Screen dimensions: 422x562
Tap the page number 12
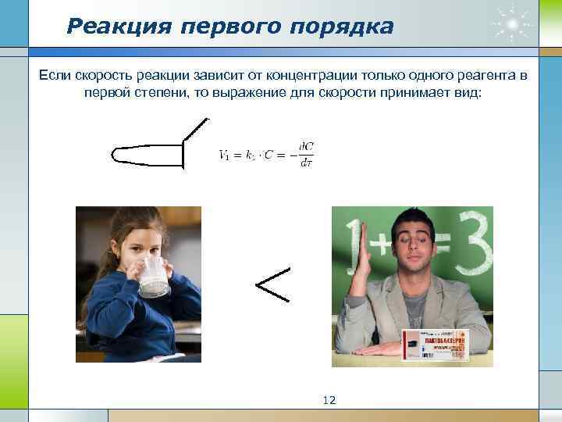click(329, 400)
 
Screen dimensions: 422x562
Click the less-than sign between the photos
click(273, 284)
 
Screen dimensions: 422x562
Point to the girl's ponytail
click(87, 289)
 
